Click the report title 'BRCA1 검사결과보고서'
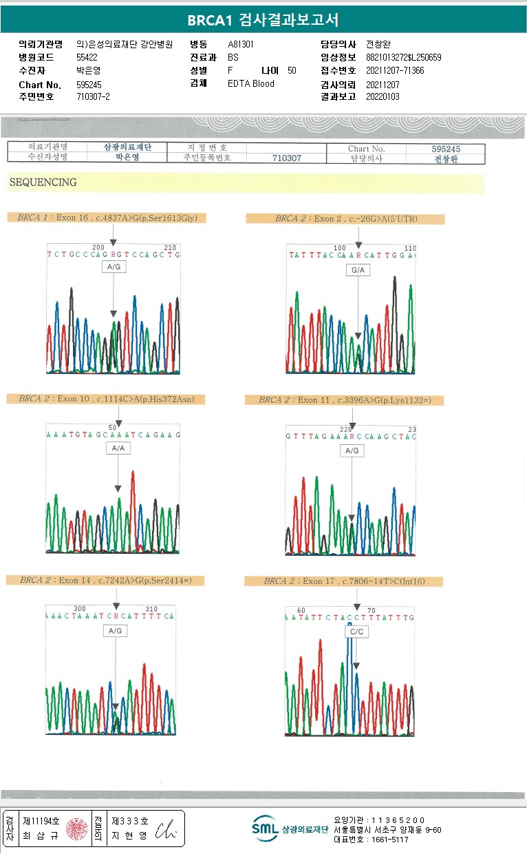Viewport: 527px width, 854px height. (x=263, y=20)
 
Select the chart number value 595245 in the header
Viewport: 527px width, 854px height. (x=89, y=85)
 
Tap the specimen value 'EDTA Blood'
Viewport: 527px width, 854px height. (x=250, y=83)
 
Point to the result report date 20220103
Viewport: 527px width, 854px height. (x=383, y=96)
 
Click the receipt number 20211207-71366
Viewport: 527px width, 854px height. (x=395, y=70)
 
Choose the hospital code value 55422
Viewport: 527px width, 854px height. (x=87, y=57)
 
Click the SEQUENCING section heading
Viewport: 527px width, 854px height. (x=43, y=183)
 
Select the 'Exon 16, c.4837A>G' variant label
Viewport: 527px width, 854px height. (x=107, y=218)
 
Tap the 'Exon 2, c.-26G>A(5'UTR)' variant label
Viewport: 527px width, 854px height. (x=345, y=219)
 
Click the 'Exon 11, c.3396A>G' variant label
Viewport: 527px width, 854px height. (x=345, y=400)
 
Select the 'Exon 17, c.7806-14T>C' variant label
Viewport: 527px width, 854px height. (x=344, y=582)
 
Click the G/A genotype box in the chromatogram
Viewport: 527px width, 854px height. (x=358, y=271)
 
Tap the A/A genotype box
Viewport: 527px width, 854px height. (x=118, y=448)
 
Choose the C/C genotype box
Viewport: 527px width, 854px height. (x=356, y=632)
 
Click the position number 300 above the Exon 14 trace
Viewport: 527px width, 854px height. (x=79, y=609)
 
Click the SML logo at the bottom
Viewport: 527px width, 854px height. (x=265, y=829)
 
